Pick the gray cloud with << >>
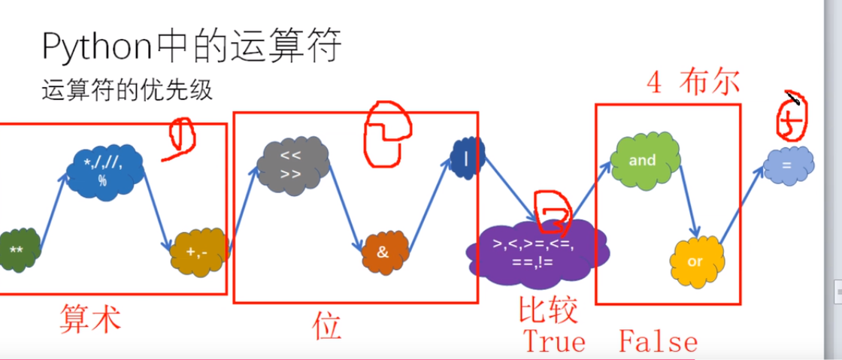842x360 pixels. click(292, 165)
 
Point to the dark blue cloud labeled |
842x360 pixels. click(467, 158)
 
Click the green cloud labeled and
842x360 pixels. click(643, 161)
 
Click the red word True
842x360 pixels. click(554, 342)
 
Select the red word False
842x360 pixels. click(659, 343)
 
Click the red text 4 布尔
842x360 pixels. click(693, 83)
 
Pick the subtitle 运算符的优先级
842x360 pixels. click(127, 92)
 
